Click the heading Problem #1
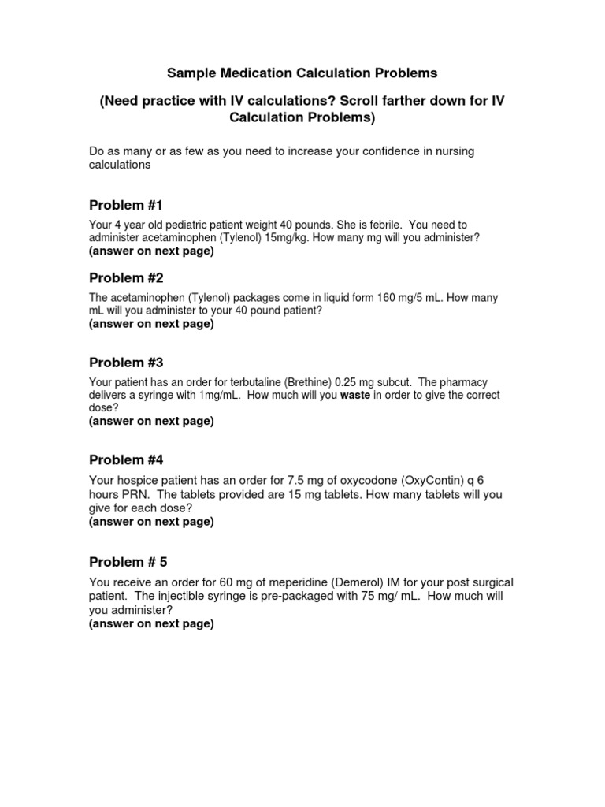click(x=126, y=205)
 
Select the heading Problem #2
click(x=126, y=278)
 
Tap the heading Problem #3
click(x=126, y=363)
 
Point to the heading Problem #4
click(x=126, y=459)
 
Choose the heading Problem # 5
click(x=128, y=562)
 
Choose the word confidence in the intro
click(x=381, y=151)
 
